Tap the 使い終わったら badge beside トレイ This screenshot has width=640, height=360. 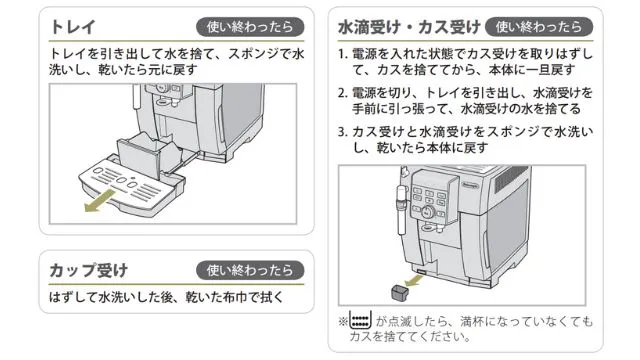tap(250, 28)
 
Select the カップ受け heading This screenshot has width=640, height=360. tap(89, 269)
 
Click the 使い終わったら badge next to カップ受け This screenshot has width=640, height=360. tap(250, 270)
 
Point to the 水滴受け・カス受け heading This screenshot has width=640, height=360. tap(409, 27)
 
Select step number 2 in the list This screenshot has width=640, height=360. tap(343, 92)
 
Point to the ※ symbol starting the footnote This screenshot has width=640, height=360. tap(343, 323)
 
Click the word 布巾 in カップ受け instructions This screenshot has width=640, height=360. tap(247, 298)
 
